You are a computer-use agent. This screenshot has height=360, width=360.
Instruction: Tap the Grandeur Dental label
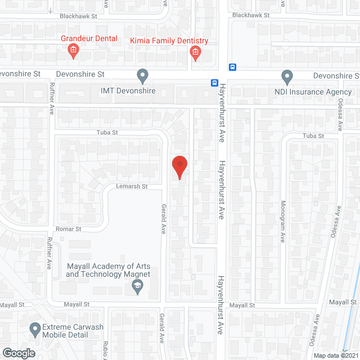point(90,39)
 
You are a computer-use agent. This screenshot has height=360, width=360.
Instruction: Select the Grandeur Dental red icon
point(73,51)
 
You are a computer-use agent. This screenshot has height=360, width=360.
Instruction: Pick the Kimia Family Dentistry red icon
point(195,53)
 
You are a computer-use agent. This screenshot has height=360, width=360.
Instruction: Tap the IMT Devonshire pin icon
point(143,75)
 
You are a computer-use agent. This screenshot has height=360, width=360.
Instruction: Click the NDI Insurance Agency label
point(313,92)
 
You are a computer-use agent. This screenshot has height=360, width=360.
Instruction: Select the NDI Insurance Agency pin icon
point(287,76)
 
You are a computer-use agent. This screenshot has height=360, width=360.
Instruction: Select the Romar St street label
point(69,229)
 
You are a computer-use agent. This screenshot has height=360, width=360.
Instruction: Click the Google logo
point(18,353)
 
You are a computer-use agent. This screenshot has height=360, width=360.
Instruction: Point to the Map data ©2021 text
point(335,355)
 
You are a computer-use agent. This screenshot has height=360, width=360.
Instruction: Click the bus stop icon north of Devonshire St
point(232,67)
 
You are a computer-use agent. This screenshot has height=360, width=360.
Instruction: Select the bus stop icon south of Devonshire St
point(214,82)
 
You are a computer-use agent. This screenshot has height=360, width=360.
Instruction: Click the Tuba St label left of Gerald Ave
point(106,133)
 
